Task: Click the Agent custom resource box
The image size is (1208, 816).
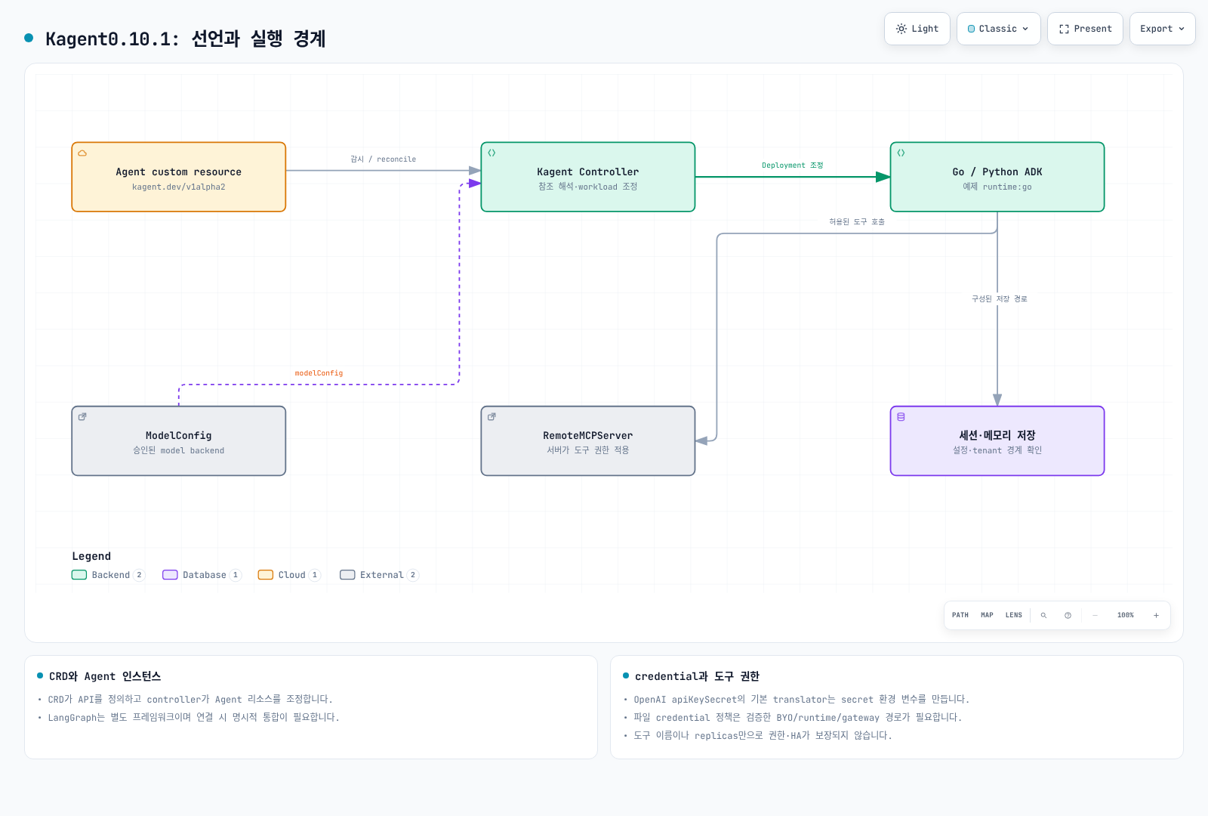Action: (178, 177)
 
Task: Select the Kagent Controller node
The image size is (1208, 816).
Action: (588, 177)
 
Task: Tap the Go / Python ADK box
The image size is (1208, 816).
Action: (997, 177)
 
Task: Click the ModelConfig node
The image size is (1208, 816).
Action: (178, 441)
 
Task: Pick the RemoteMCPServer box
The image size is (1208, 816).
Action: (588, 441)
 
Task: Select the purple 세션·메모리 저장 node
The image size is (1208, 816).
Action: (997, 441)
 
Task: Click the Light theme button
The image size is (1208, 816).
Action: (917, 29)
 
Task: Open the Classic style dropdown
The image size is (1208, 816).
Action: (998, 29)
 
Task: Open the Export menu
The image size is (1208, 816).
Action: (1162, 29)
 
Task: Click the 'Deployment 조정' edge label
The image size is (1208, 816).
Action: (792, 165)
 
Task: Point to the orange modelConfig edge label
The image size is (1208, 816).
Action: (319, 373)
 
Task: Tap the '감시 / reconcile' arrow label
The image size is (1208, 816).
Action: (383, 159)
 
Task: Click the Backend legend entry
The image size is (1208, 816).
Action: (109, 575)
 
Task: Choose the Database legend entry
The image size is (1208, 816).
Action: (202, 575)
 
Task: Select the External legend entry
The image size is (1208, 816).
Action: (379, 575)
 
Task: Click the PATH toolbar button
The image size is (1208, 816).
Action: (960, 615)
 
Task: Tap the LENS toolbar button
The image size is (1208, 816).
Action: (1013, 615)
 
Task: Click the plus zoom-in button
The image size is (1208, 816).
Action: (1156, 615)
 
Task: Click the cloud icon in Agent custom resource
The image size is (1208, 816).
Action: (82, 153)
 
